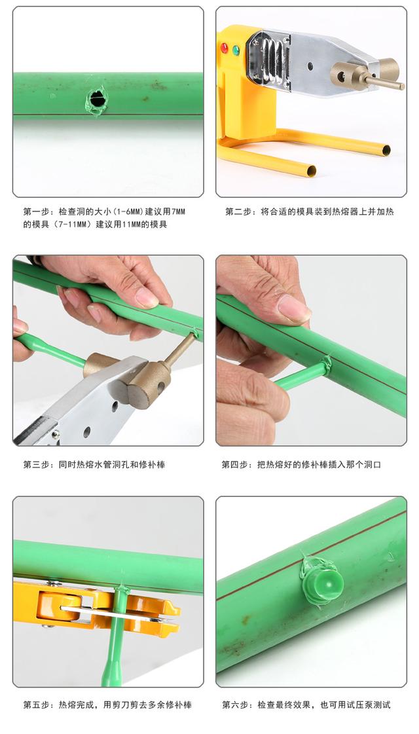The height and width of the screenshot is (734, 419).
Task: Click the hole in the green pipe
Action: (x=98, y=100)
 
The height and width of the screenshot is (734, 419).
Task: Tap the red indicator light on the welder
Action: (x=224, y=48)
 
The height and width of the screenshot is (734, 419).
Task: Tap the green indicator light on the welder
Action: (x=236, y=50)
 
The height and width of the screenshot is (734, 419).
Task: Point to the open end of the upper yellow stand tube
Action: (x=386, y=150)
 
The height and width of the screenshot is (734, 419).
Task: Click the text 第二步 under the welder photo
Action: (x=240, y=212)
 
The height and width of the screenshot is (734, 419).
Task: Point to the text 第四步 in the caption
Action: (x=236, y=465)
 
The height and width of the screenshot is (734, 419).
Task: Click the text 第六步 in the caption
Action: (x=236, y=705)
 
